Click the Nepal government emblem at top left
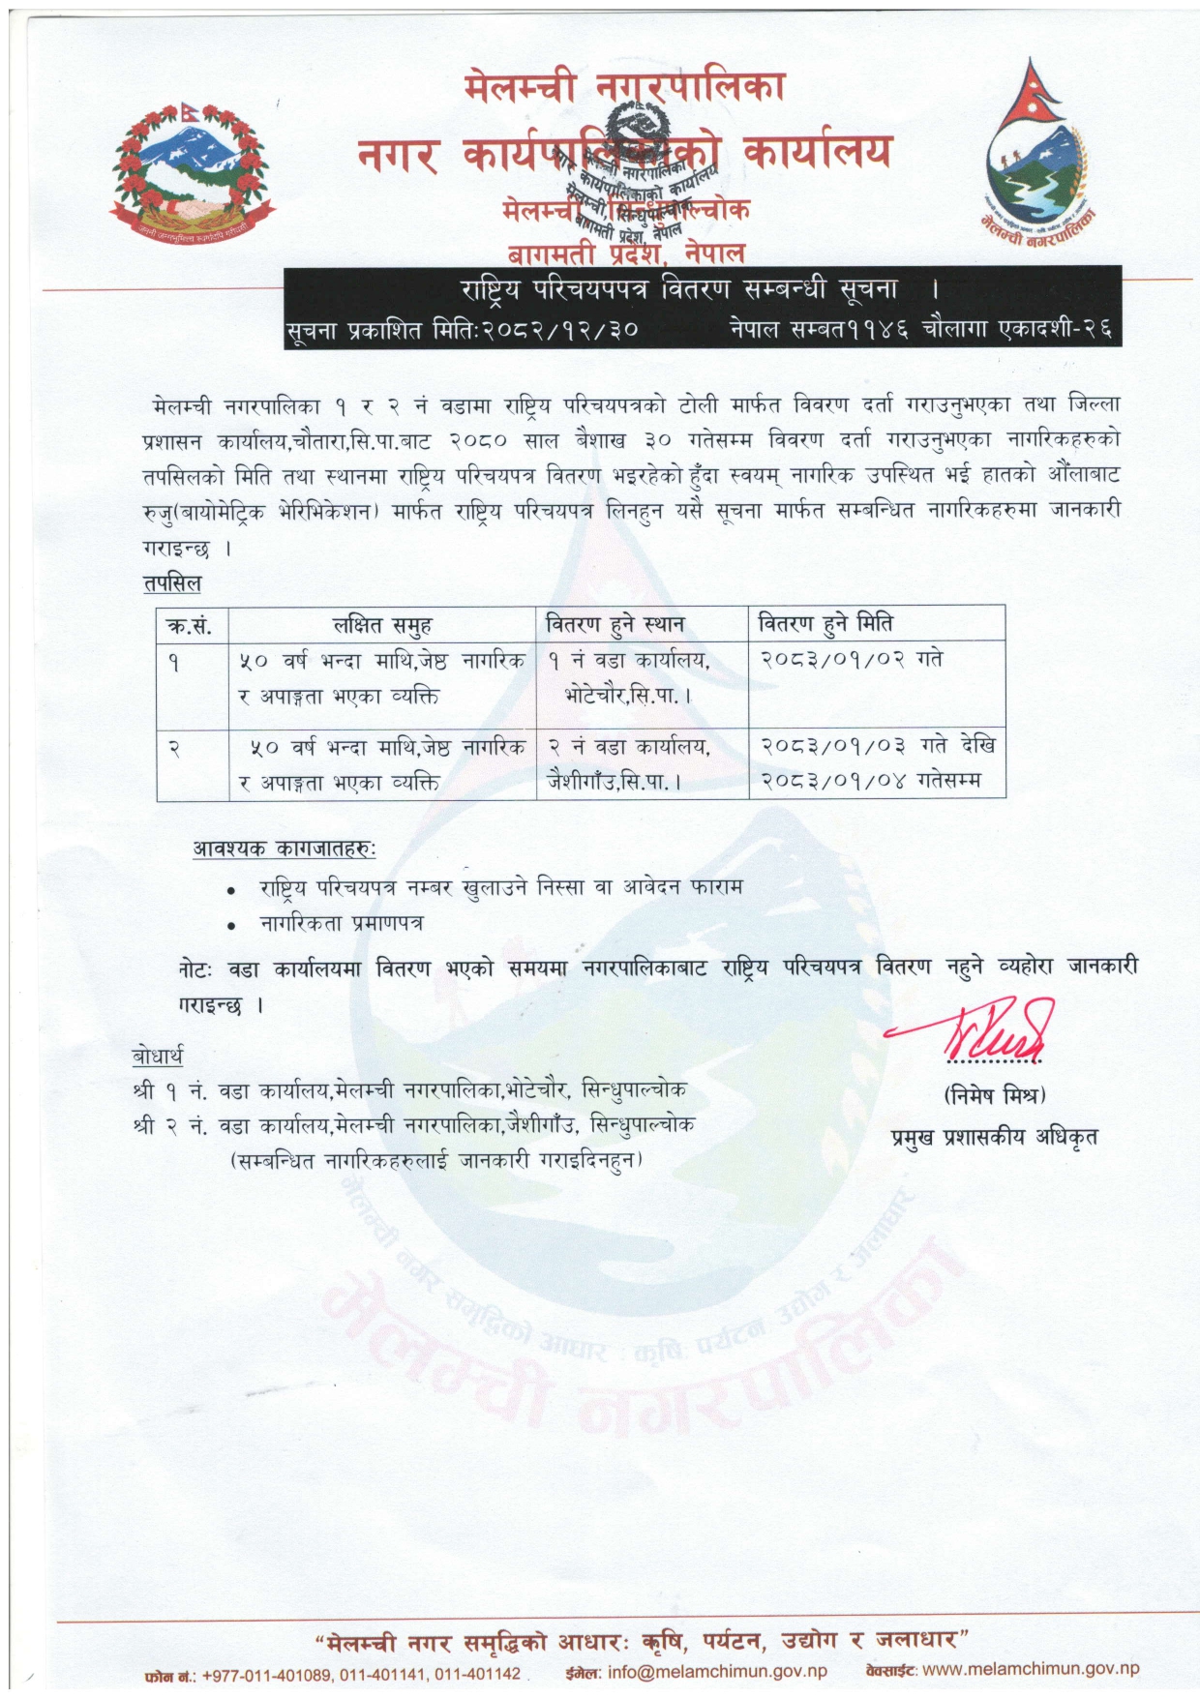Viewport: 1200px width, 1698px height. pos(191,174)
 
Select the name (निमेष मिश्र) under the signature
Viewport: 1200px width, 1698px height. pos(994,1095)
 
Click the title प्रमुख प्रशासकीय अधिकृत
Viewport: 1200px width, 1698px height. pos(994,1137)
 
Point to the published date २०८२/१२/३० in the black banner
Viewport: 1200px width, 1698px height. pos(561,330)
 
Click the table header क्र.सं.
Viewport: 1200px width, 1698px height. pos(189,625)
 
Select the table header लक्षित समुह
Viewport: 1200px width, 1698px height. pos(382,625)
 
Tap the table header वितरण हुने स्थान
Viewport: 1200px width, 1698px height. pos(615,624)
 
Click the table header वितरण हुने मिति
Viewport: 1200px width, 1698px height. pos(825,623)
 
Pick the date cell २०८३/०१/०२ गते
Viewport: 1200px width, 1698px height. pos(851,659)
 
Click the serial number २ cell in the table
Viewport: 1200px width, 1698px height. pos(174,747)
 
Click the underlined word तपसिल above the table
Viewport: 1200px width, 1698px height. pos(171,582)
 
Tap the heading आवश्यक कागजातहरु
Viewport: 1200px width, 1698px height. pos(284,849)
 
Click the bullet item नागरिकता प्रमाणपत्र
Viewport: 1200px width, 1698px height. pos(341,923)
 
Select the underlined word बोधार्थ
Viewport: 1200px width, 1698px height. pos(157,1055)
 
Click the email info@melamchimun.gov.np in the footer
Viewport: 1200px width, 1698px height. pos(716,1671)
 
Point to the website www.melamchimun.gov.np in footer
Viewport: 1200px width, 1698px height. pos(1031,1669)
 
